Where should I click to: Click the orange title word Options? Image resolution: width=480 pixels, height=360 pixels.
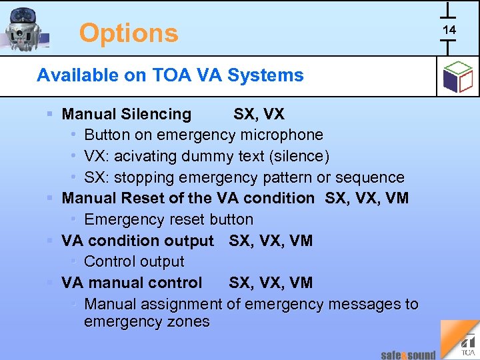point(129,33)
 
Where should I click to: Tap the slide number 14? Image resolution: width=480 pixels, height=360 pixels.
point(449,30)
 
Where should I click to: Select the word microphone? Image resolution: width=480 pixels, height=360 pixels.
point(281,135)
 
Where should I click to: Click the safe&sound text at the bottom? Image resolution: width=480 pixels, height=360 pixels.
point(408,355)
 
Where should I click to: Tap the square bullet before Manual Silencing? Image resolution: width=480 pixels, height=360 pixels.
point(51,115)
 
